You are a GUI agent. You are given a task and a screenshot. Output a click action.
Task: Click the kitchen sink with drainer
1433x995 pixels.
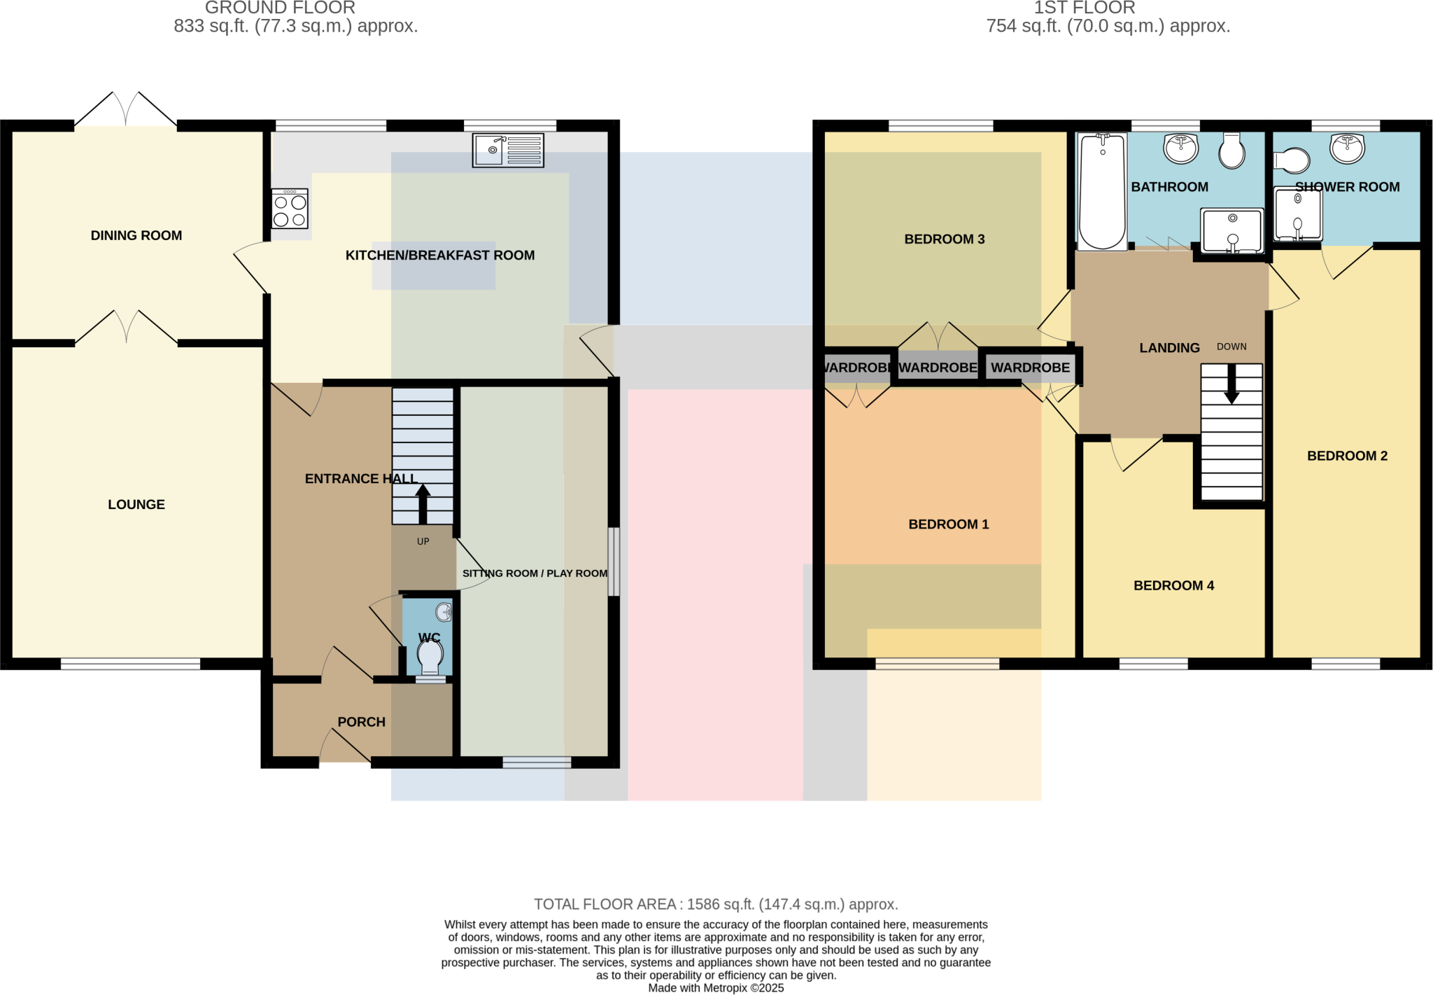tap(508, 150)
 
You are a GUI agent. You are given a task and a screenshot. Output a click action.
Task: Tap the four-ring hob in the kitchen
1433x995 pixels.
tap(290, 209)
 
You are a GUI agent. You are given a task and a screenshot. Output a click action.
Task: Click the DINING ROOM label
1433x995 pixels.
tap(136, 236)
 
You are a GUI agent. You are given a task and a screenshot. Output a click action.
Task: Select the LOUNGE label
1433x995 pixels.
tap(136, 505)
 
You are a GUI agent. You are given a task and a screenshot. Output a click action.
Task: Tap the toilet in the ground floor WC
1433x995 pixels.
tap(430, 658)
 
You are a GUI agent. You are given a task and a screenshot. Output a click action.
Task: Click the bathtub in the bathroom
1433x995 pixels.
tap(1102, 191)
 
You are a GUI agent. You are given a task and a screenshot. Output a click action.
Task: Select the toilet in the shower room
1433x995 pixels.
tap(1291, 160)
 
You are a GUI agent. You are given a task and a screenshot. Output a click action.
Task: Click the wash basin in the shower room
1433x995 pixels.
tap(1347, 148)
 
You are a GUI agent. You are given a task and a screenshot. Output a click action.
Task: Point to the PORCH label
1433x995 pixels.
tap(361, 722)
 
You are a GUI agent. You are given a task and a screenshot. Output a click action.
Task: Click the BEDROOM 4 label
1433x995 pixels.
tap(1173, 586)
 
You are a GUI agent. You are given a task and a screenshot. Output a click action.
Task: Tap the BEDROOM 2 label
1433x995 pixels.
tap(1347, 457)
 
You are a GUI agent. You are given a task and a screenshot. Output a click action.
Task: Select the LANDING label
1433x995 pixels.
tap(1169, 348)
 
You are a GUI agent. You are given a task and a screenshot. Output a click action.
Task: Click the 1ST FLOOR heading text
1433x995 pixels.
tap(1084, 8)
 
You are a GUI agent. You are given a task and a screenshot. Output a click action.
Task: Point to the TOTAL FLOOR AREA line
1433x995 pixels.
tap(716, 904)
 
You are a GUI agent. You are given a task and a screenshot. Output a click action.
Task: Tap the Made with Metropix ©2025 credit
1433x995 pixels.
tap(716, 988)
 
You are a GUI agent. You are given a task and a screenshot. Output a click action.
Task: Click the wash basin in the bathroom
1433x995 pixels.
tap(1181, 148)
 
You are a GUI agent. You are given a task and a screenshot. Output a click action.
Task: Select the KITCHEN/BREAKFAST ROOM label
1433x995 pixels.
tap(439, 256)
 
